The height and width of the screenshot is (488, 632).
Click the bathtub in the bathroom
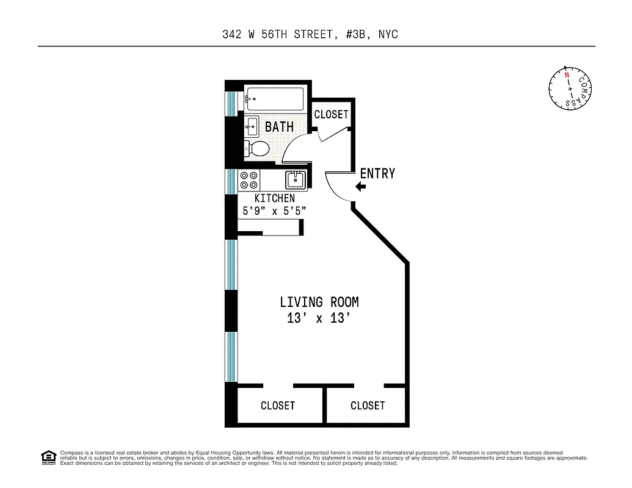pyautogui.click(x=274, y=99)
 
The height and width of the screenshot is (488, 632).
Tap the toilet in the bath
pyautogui.click(x=258, y=148)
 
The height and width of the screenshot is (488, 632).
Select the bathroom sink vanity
pyautogui.click(x=252, y=127)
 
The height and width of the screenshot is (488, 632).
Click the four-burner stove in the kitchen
pyautogui.click(x=249, y=180)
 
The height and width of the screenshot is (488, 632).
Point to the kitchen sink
pyautogui.click(x=296, y=180)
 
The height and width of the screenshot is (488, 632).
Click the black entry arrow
pyautogui.click(x=361, y=187)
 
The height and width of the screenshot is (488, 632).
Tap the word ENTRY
pyautogui.click(x=377, y=174)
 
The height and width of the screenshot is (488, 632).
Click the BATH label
pyautogui.click(x=279, y=127)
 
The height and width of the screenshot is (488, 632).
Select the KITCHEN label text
pyautogui.click(x=274, y=198)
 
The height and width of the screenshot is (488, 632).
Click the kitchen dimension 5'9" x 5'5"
pyautogui.click(x=274, y=210)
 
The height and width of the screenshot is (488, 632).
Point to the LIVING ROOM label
pyautogui.click(x=319, y=302)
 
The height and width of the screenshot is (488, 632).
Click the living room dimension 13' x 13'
pyautogui.click(x=319, y=318)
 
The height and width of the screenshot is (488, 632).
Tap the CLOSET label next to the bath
pyautogui.click(x=331, y=114)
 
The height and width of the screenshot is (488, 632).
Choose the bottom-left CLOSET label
pyautogui.click(x=278, y=406)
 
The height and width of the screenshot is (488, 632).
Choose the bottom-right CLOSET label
pyautogui.click(x=368, y=406)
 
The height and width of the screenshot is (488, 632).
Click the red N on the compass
pyautogui.click(x=567, y=75)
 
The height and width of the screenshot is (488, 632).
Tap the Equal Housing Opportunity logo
pyautogui.click(x=48, y=456)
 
